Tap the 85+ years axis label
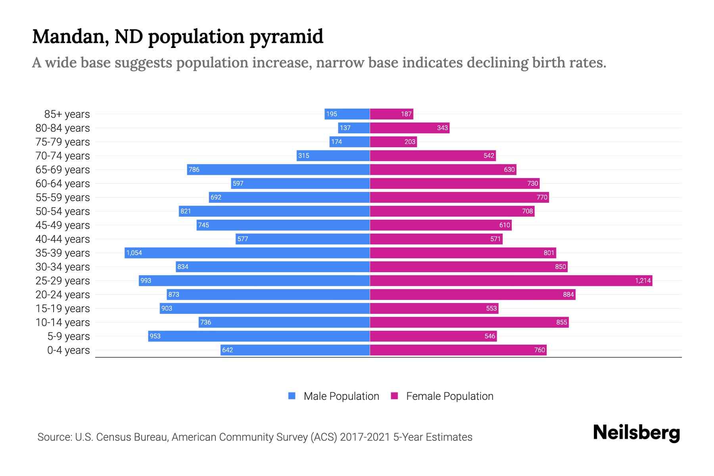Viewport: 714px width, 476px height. pos(67,114)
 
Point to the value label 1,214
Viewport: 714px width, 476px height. pos(643,280)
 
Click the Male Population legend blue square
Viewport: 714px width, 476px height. pos(292,396)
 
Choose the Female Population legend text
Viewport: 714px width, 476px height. pos(449,396)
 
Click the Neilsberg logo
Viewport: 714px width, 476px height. pos(636,433)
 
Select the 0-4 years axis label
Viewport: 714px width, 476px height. pos(68,350)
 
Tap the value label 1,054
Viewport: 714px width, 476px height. pos(134,253)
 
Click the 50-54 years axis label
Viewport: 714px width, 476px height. pos(63,211)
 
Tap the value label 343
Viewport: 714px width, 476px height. pos(442,128)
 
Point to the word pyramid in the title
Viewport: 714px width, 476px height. pos(286,37)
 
